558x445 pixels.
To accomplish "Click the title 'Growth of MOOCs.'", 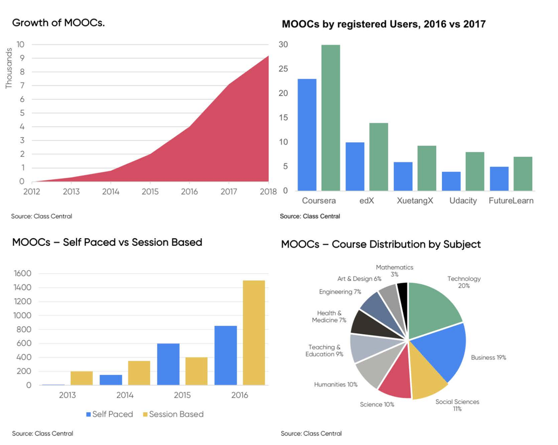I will (x=59, y=23).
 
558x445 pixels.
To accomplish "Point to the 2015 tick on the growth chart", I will (x=150, y=192).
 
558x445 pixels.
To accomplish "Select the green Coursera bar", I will (x=330, y=118).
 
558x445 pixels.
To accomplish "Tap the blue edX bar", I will (x=354, y=166).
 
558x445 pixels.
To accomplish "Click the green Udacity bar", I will (x=475, y=171).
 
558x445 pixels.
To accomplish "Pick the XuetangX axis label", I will (x=415, y=201).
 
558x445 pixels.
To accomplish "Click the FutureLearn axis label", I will (x=511, y=201).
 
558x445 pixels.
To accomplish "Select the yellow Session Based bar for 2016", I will (x=254, y=332).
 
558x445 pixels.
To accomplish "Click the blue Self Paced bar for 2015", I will (x=168, y=364).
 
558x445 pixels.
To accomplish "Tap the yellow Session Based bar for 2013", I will (x=82, y=378).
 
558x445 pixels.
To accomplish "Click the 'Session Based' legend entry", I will (x=173, y=414).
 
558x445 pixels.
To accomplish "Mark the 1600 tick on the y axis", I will (x=23, y=274).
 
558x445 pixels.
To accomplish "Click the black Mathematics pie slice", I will (x=402, y=296).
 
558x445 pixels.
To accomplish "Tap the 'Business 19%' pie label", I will (x=488, y=357).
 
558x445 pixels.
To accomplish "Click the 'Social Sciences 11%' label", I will (x=457, y=405).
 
